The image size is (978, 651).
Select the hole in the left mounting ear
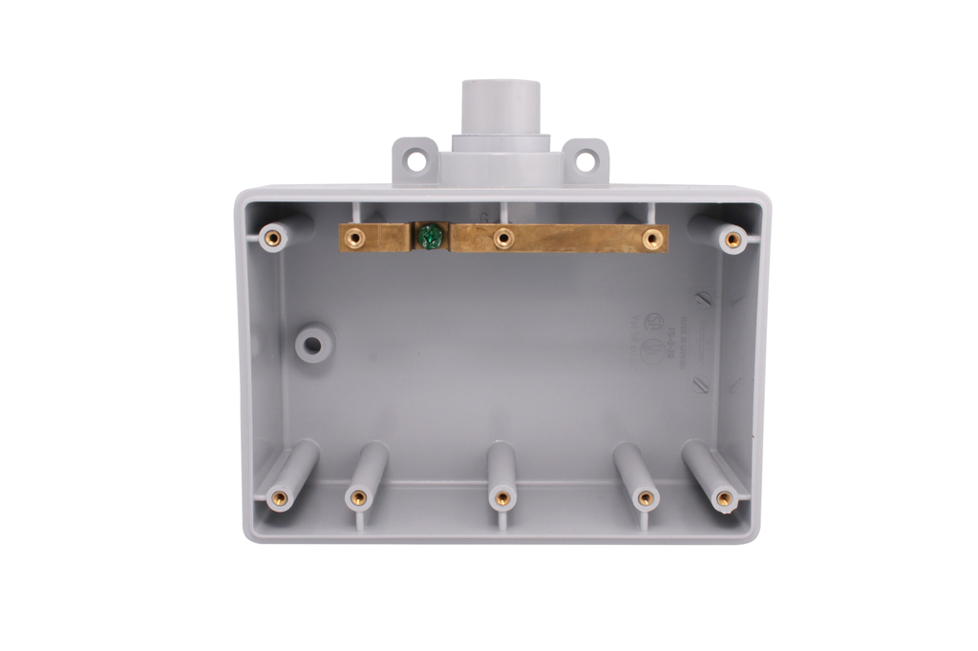(416, 160)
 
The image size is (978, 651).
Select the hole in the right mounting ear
(585, 160)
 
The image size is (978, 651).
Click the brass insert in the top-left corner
(273, 238)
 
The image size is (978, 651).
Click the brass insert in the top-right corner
(733, 240)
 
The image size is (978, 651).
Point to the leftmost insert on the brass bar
(356, 237)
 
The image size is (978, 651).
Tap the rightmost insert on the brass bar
(652, 238)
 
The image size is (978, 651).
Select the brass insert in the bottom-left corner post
(280, 497)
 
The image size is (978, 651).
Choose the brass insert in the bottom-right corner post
(724, 497)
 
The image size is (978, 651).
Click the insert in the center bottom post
(502, 497)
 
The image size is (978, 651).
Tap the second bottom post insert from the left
(358, 497)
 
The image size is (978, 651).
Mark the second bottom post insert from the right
(646, 497)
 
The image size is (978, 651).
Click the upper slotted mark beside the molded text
(702, 300)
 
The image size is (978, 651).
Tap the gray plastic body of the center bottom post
(502, 463)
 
